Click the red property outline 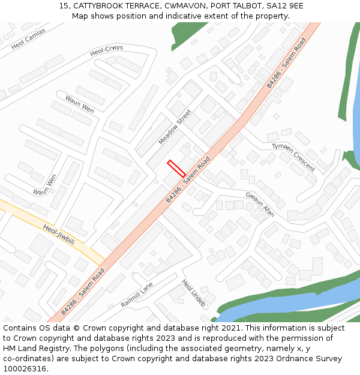[176, 168]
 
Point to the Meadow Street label [175, 127]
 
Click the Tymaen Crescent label [293, 158]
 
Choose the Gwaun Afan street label [260, 203]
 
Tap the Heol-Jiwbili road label [59, 235]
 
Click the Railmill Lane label [137, 295]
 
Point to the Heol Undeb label [194, 293]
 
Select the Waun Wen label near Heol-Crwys [80, 104]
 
